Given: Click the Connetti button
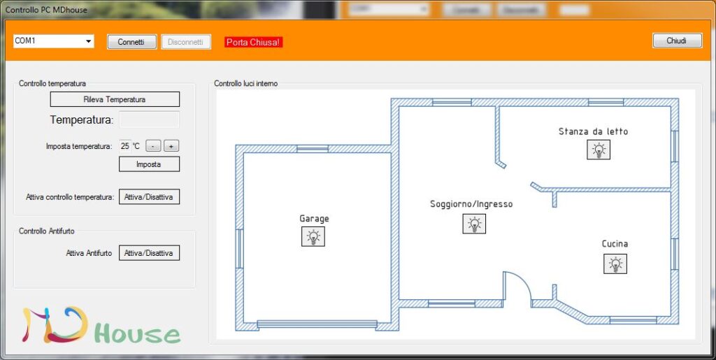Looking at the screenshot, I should pyautogui.click(x=131, y=42).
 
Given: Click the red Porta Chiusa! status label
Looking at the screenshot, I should pyautogui.click(x=254, y=43).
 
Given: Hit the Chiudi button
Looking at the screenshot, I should pyautogui.click(x=677, y=41).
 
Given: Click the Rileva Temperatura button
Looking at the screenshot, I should pyautogui.click(x=115, y=99).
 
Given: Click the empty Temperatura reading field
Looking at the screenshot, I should pyautogui.click(x=149, y=120).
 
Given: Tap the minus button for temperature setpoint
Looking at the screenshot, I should pyautogui.click(x=154, y=146).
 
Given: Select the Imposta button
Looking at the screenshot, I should pyautogui.click(x=149, y=164).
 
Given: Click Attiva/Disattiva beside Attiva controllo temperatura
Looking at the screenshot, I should pyautogui.click(x=149, y=197).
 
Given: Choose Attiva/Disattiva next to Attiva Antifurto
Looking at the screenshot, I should pyautogui.click(x=149, y=253).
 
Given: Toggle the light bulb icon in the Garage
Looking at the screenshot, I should pyautogui.click(x=313, y=237).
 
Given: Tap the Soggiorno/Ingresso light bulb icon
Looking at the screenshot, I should pyautogui.click(x=474, y=224).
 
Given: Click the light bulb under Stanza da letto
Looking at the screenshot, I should pyautogui.click(x=599, y=149).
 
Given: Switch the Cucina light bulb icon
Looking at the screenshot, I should pyautogui.click(x=615, y=264).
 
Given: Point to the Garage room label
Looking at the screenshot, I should pyautogui.click(x=314, y=219).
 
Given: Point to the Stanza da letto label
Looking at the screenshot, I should pyautogui.click(x=593, y=131).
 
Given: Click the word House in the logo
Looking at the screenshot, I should pyautogui.click(x=137, y=334).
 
